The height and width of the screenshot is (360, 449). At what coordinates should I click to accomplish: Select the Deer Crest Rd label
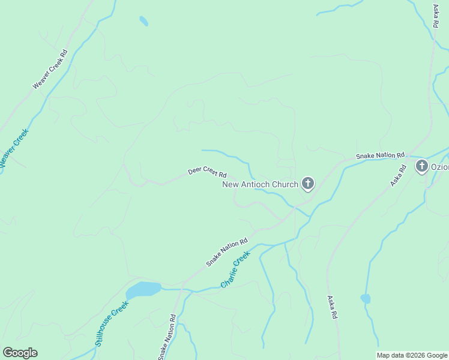click(x=207, y=172)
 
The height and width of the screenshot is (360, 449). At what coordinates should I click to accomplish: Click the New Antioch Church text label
click(x=260, y=184)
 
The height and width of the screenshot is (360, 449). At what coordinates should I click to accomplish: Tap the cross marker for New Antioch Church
click(x=308, y=183)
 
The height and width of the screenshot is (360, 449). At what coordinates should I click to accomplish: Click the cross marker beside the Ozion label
click(x=422, y=166)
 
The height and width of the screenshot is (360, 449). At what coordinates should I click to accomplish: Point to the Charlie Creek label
click(x=235, y=269)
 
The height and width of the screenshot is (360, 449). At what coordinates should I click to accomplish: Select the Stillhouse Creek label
click(x=112, y=323)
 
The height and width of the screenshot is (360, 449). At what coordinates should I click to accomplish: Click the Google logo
click(x=20, y=353)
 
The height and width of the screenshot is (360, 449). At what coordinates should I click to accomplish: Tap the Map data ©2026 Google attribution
click(x=412, y=355)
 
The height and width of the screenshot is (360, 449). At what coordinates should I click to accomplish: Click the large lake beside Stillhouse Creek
click(x=144, y=290)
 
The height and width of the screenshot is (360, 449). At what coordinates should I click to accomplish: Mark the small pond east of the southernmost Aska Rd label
click(x=365, y=298)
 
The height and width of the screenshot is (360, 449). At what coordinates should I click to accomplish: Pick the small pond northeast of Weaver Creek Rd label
click(x=143, y=21)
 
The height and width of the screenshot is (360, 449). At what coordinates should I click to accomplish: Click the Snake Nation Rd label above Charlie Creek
click(x=227, y=253)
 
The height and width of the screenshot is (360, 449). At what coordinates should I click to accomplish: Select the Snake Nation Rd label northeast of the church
click(x=381, y=155)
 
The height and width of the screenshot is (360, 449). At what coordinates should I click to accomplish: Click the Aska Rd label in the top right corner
click(x=436, y=16)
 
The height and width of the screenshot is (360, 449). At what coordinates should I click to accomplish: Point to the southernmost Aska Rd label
click(x=331, y=307)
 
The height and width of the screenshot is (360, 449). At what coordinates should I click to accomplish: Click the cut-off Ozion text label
click(x=440, y=166)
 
